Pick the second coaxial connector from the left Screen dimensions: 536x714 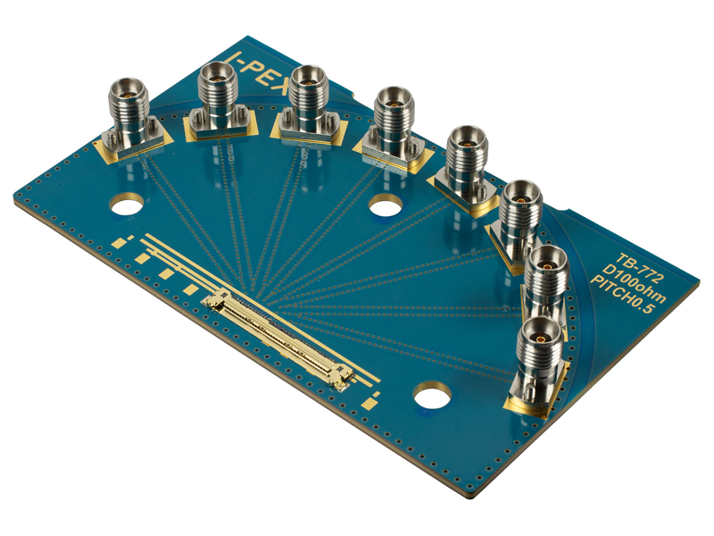[x=216, y=99]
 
